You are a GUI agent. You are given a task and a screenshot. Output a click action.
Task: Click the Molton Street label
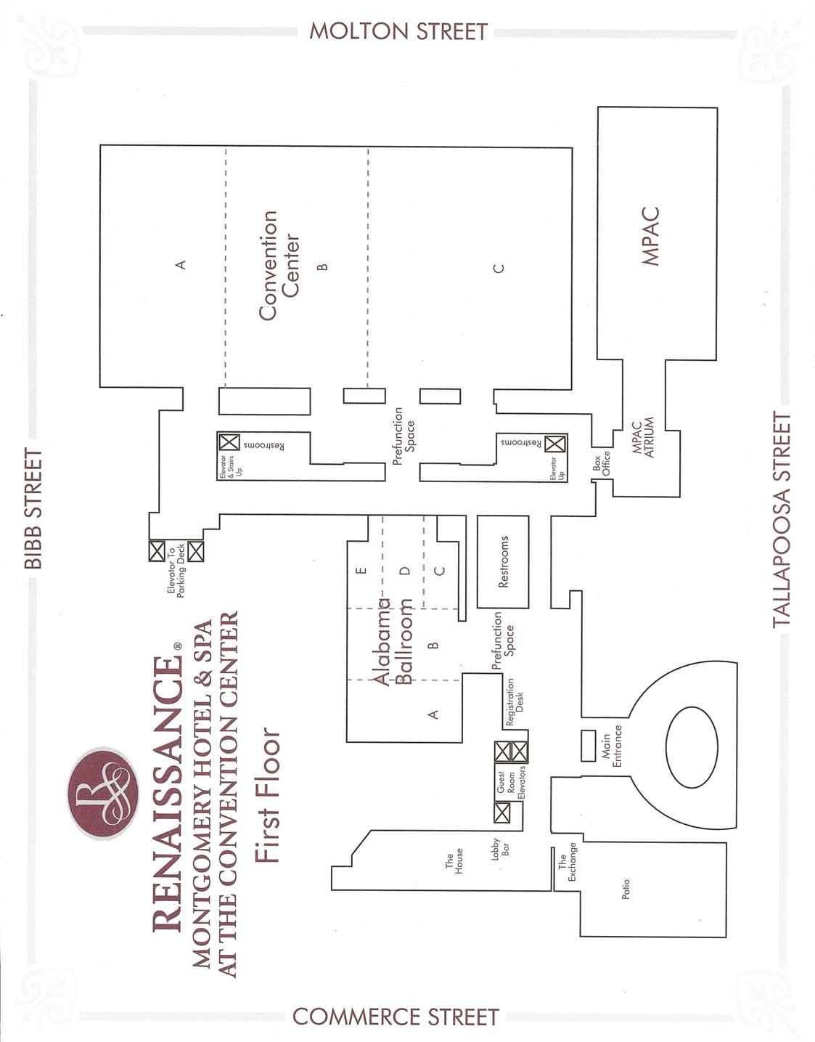click(398, 31)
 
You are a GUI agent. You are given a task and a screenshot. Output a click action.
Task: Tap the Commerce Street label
click(396, 1017)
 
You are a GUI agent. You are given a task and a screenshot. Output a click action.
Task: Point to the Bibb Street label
click(33, 508)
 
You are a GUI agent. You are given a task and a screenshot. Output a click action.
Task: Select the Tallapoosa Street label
click(781, 520)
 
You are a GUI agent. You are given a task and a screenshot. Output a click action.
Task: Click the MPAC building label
click(650, 237)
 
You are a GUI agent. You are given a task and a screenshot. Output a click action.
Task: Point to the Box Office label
click(602, 461)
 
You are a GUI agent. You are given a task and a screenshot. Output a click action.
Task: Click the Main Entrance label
click(610, 751)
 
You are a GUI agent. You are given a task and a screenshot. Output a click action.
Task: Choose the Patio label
click(626, 890)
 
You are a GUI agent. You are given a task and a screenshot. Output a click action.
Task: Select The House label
click(454, 862)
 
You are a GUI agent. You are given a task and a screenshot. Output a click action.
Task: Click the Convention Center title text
click(279, 265)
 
